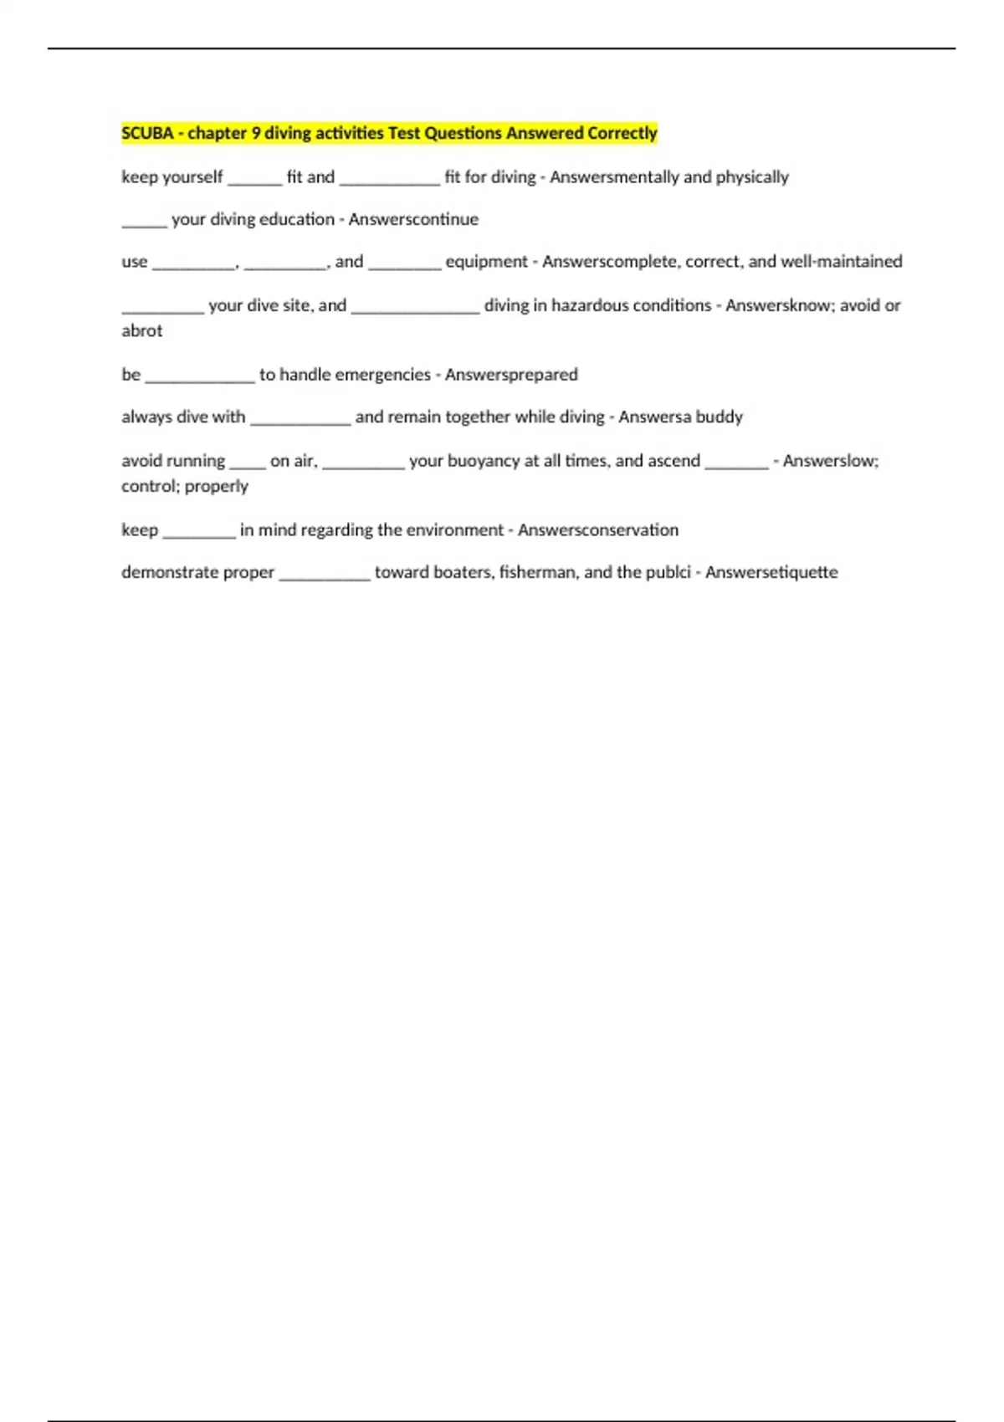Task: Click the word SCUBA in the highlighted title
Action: tap(147, 133)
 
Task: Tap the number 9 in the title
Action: tap(256, 133)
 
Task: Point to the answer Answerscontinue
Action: tap(413, 219)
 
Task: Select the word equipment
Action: tap(486, 262)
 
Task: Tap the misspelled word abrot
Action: tap(142, 331)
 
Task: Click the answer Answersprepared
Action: tap(511, 375)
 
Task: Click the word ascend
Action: tap(676, 461)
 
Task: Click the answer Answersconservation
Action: tap(598, 530)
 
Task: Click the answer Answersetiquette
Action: tap(771, 572)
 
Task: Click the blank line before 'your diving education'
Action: tap(144, 224)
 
